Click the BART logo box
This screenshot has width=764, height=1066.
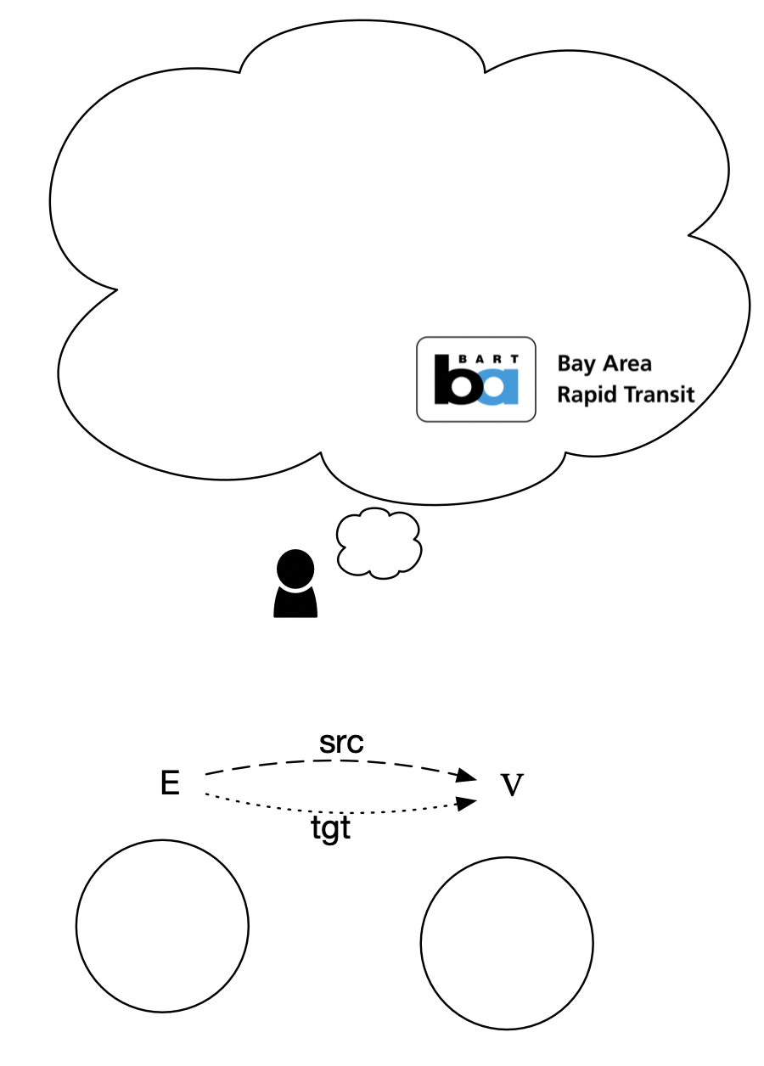pyautogui.click(x=475, y=379)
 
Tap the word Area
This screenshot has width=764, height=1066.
pyautogui.click(x=628, y=364)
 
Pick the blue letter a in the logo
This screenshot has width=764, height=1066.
pyautogui.click(x=497, y=388)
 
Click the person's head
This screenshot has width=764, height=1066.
pyautogui.click(x=295, y=566)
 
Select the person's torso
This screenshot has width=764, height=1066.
pyautogui.click(x=295, y=601)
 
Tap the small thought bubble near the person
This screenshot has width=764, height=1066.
pyautogui.click(x=379, y=543)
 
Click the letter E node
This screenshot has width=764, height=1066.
pyautogui.click(x=170, y=783)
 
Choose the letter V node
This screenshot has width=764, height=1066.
pyautogui.click(x=510, y=786)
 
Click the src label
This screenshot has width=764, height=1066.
pyautogui.click(x=340, y=743)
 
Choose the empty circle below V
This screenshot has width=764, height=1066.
pyautogui.click(x=507, y=944)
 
